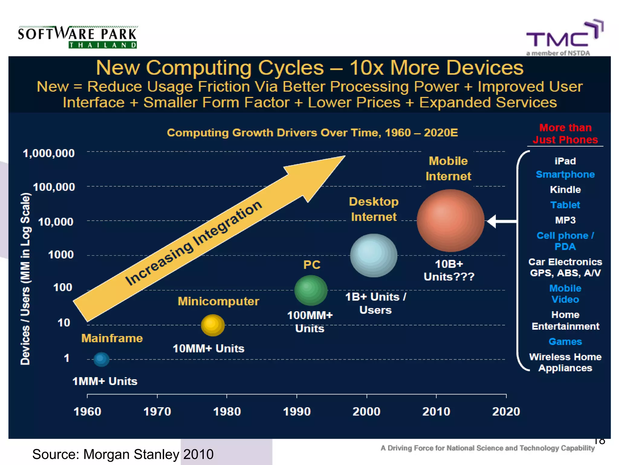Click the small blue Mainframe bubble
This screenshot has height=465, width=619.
pyautogui.click(x=101, y=359)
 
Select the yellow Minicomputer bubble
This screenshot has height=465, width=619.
pyautogui.click(x=213, y=325)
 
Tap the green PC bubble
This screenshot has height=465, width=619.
pyautogui.click(x=311, y=290)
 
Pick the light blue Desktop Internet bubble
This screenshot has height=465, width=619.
pyautogui.click(x=374, y=255)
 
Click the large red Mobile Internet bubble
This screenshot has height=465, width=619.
pyautogui.click(x=450, y=220)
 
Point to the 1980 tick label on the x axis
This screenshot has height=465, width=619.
pyautogui.click(x=227, y=411)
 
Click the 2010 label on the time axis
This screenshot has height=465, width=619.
pyautogui.click(x=436, y=411)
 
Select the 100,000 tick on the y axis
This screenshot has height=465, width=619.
pyautogui.click(x=54, y=187)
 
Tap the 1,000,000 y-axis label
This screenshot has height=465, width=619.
pyautogui.click(x=49, y=153)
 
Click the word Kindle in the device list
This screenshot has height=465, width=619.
pyautogui.click(x=565, y=190)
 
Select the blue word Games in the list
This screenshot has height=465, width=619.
pyautogui.click(x=565, y=341)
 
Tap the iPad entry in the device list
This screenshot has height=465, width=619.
pyautogui.click(x=565, y=161)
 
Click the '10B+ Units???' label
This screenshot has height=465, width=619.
pyautogui.click(x=449, y=270)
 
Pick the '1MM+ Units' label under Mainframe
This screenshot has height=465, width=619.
pyautogui.click(x=105, y=381)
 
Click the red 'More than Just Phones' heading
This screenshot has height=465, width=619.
pyautogui.click(x=565, y=134)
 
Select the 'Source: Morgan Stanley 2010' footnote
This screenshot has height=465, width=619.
pyautogui.click(x=123, y=454)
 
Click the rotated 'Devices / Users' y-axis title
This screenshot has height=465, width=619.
pyautogui.click(x=26, y=279)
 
